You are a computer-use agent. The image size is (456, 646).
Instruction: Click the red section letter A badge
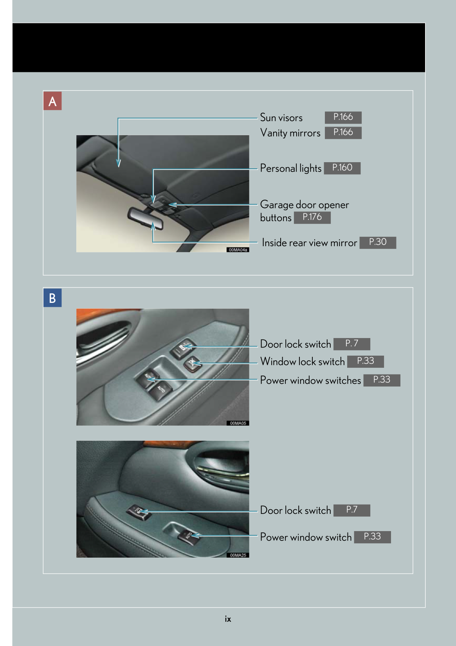tap(52, 101)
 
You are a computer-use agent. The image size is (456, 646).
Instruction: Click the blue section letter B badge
tap(52, 298)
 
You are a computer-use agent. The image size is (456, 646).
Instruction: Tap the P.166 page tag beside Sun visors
tap(343, 117)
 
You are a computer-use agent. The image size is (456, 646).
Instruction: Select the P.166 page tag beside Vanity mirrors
tap(343, 132)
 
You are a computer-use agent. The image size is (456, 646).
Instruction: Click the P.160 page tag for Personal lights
tap(342, 168)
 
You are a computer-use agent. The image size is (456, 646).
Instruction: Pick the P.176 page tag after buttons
tap(312, 217)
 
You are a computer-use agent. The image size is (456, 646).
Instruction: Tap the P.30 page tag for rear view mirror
tap(377, 242)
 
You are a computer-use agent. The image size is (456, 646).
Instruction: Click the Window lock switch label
tap(303, 361)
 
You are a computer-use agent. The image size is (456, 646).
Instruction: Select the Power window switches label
tap(310, 380)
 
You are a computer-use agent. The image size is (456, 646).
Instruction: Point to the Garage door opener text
tap(304, 205)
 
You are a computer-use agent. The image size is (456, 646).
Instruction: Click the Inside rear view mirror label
tap(309, 243)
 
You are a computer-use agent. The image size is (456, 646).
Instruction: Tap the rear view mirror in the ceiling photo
tap(145, 218)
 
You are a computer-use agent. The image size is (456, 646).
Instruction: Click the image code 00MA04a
tap(238, 250)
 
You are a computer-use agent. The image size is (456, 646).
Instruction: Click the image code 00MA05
tap(238, 423)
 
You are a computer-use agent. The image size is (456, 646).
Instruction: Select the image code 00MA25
tap(238, 555)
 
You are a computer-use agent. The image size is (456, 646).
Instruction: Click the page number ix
tap(228, 619)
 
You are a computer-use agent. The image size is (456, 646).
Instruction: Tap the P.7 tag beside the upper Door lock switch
tap(351, 344)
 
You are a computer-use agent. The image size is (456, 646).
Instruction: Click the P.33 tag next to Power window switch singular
tap(372, 537)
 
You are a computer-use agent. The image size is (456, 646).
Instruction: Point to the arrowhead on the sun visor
tap(119, 163)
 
